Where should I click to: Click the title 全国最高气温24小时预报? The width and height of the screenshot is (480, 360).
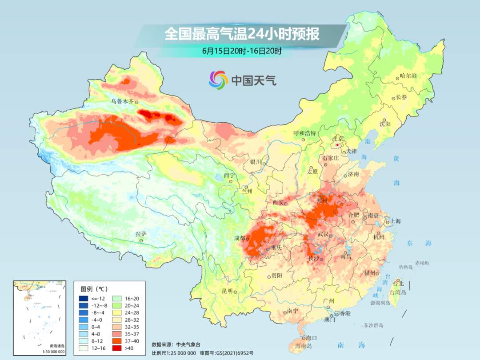(x=242, y=34)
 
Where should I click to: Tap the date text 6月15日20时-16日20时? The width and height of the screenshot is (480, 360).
(x=242, y=51)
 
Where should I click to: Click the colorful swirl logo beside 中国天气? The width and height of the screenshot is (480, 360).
(x=218, y=80)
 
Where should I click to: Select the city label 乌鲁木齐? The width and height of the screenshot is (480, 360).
(x=122, y=101)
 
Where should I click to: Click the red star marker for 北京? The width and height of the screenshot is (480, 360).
(x=338, y=145)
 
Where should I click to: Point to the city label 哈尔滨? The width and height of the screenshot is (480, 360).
(x=408, y=76)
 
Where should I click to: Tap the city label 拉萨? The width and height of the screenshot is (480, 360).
(x=140, y=234)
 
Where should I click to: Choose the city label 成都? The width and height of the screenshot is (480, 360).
(x=240, y=238)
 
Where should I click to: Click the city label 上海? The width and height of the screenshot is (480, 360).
(x=395, y=221)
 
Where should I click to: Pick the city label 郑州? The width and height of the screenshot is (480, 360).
(x=322, y=201)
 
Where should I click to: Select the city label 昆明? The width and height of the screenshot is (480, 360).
(x=227, y=291)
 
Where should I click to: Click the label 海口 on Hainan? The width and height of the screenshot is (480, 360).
(x=311, y=338)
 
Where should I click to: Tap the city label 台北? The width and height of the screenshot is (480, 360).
(x=398, y=283)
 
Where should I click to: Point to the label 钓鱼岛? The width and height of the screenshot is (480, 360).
(x=406, y=267)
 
